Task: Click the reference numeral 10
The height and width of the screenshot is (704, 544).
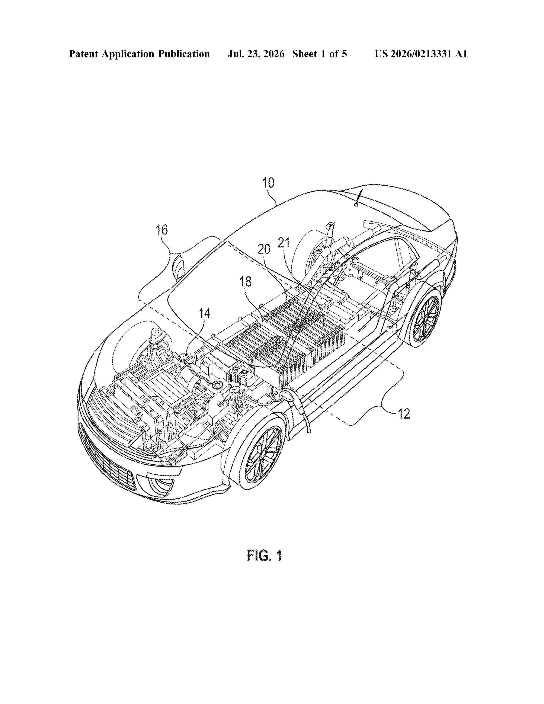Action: pyautogui.click(x=268, y=183)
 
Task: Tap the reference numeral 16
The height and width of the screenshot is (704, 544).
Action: pyautogui.click(x=162, y=230)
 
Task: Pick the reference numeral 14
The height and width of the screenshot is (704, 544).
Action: pyautogui.click(x=205, y=313)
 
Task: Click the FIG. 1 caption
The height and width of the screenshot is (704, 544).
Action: pyautogui.click(x=265, y=555)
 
